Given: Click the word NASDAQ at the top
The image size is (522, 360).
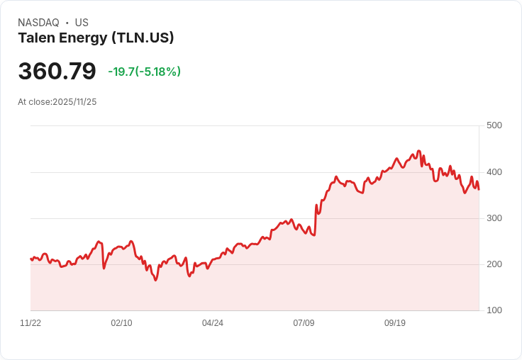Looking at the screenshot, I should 38,23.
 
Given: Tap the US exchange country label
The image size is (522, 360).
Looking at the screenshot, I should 82,23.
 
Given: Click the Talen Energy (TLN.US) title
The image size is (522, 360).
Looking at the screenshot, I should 96,38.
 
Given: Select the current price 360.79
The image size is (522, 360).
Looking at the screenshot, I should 57,72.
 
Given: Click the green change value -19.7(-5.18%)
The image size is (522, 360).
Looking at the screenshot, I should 144,72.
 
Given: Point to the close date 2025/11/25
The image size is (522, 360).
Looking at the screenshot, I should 74,102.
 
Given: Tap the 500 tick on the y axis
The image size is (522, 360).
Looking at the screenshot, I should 494,125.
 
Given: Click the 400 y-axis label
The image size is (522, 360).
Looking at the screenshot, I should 494,172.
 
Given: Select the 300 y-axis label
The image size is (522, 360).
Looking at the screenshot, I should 494,218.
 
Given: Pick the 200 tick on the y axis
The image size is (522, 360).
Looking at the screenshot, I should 494,264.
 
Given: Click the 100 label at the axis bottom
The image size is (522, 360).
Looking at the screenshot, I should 494,310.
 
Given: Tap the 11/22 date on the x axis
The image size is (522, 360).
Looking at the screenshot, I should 30,323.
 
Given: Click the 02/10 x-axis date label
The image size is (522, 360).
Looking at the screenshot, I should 121,323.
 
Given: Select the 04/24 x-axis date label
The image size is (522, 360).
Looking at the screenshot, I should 213,323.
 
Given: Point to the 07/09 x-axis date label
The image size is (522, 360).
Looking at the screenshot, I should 304,323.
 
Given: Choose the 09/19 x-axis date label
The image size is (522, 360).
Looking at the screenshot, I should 395,323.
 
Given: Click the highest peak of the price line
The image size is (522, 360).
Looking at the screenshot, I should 418,151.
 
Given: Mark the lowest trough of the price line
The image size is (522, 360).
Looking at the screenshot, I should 155,281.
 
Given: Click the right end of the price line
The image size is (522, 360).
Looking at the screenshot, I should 479,189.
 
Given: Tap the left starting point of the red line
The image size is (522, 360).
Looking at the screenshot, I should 30,259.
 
